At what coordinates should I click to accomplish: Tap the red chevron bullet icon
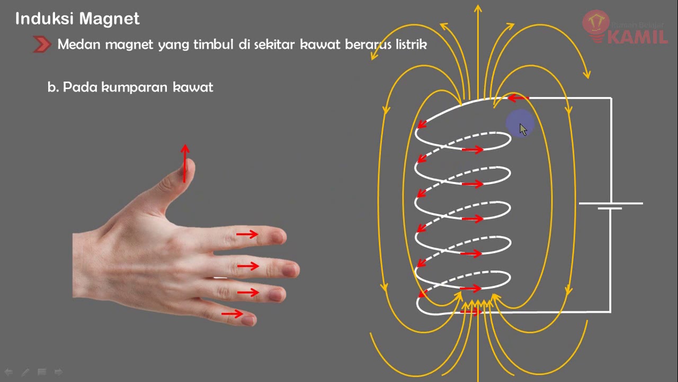42,45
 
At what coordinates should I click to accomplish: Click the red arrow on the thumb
185,162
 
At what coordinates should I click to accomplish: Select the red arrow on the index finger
247,234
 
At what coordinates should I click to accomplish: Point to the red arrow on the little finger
232,314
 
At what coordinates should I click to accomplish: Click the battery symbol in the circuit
610,206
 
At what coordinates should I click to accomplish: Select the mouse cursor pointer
523,129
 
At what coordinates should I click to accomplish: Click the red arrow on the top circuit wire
518,98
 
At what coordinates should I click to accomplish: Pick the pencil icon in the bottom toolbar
25,372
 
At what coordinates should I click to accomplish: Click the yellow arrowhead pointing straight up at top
478,8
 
